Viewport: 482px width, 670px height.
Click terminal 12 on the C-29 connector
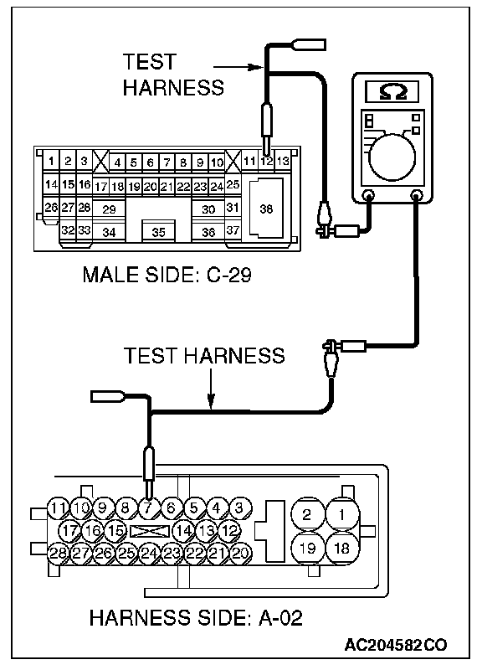pyautogui.click(x=266, y=162)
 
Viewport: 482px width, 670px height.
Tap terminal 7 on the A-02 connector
pyautogui.click(x=148, y=508)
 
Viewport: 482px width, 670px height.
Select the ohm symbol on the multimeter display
pyautogui.click(x=392, y=91)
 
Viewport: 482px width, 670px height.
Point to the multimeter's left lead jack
pyautogui.click(x=368, y=196)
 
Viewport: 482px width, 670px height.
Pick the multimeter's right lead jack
pyautogui.click(x=416, y=196)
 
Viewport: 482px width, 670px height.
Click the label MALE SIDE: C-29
pyautogui.click(x=167, y=275)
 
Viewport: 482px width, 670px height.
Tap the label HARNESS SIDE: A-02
pyautogui.click(x=196, y=618)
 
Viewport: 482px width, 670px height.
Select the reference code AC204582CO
pyautogui.click(x=396, y=645)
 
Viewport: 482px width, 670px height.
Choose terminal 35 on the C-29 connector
pyautogui.click(x=158, y=232)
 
